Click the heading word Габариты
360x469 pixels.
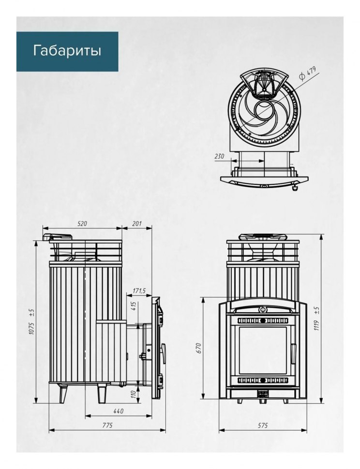[67, 51]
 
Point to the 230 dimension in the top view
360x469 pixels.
[219, 156]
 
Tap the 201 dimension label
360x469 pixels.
[137, 223]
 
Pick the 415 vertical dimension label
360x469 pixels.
[134, 306]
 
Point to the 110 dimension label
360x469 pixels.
[134, 393]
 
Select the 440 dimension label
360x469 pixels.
[119, 411]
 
